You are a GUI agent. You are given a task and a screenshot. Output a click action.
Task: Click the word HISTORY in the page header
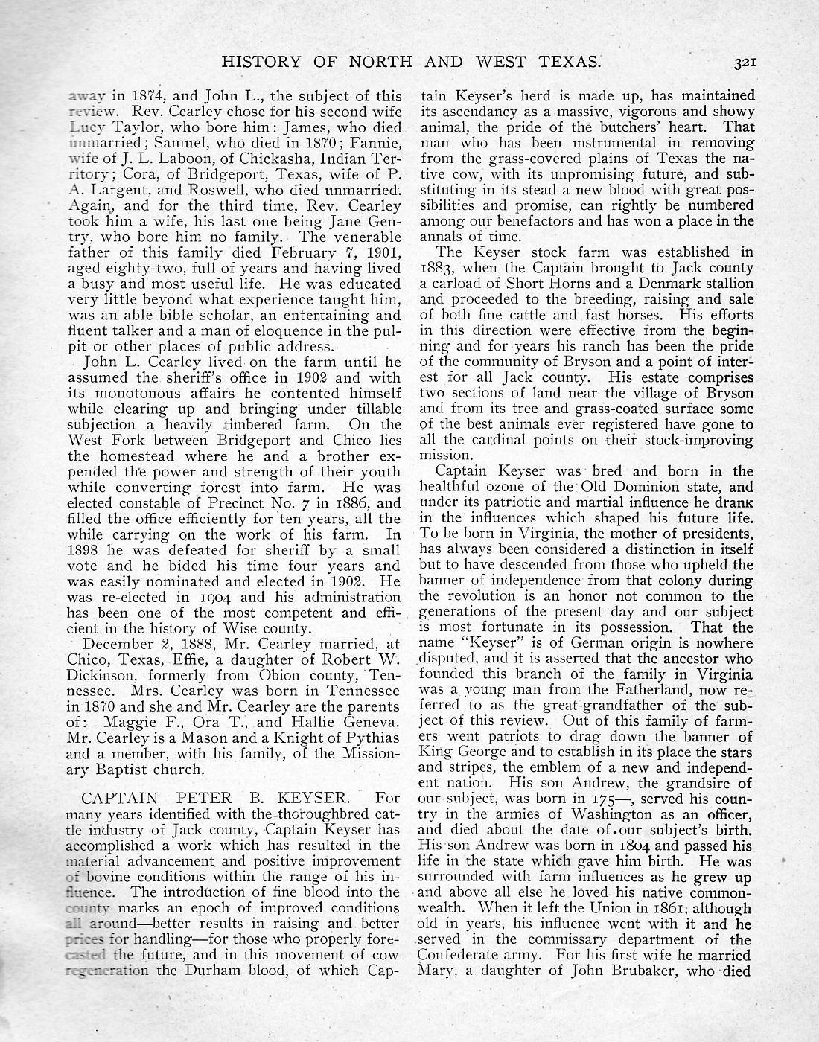(256, 62)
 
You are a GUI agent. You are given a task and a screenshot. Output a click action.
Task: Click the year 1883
(439, 269)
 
